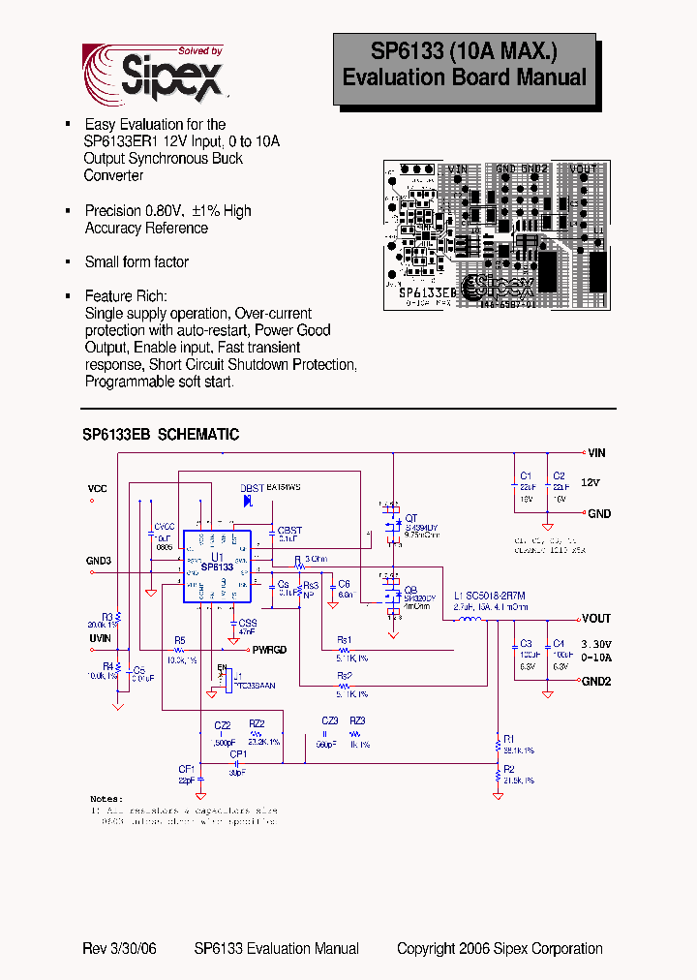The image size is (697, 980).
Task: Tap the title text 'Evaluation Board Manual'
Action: pyautogui.click(x=465, y=77)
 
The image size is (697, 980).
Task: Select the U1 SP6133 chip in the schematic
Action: pyautogui.click(x=217, y=566)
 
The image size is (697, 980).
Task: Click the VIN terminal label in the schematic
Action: pyautogui.click(x=596, y=452)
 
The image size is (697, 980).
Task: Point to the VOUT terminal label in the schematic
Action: pyautogui.click(x=596, y=618)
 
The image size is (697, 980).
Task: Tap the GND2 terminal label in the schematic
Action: pyautogui.click(x=596, y=682)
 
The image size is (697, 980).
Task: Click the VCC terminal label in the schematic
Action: pyautogui.click(x=98, y=488)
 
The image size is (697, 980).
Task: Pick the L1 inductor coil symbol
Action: pyautogui.click(x=471, y=620)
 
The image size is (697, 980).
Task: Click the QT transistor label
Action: pyautogui.click(x=410, y=518)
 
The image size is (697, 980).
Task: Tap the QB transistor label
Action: pyautogui.click(x=410, y=589)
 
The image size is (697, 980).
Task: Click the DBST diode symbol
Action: pyautogui.click(x=248, y=501)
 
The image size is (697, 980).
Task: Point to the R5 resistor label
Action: pyautogui.click(x=179, y=640)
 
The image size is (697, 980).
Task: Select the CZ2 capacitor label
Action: pyautogui.click(x=222, y=724)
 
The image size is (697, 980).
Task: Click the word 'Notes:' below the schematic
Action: pyautogui.click(x=106, y=799)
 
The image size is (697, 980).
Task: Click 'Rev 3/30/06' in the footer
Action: pyautogui.click(x=119, y=949)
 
